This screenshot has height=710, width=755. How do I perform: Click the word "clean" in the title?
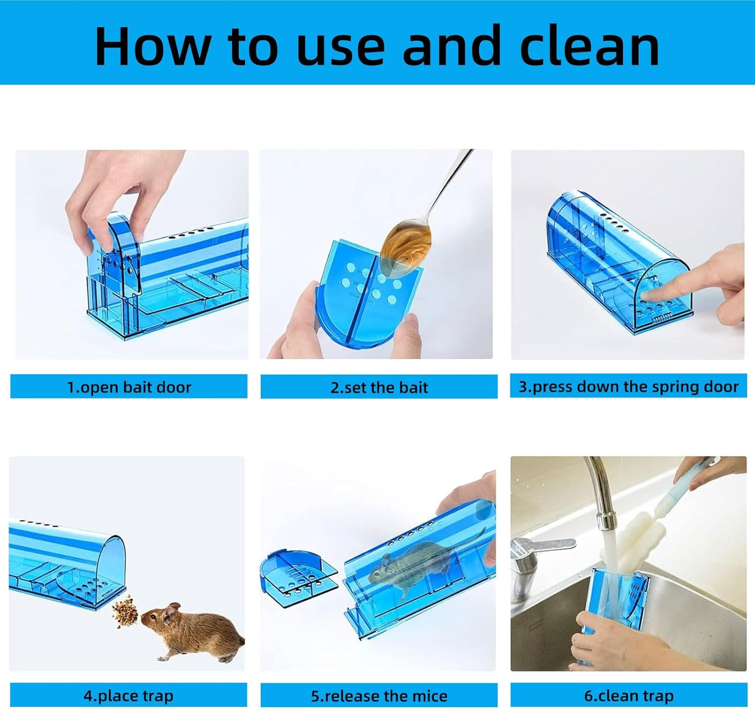tap(589, 46)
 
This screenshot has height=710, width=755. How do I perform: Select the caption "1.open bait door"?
tap(129, 387)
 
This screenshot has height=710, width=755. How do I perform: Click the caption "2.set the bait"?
tap(379, 387)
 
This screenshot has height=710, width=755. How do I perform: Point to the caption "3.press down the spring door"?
tap(628, 386)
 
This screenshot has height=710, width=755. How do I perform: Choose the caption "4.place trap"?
tap(128, 696)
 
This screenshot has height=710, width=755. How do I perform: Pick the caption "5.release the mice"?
tap(379, 696)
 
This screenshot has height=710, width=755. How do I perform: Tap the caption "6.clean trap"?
tap(628, 696)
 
